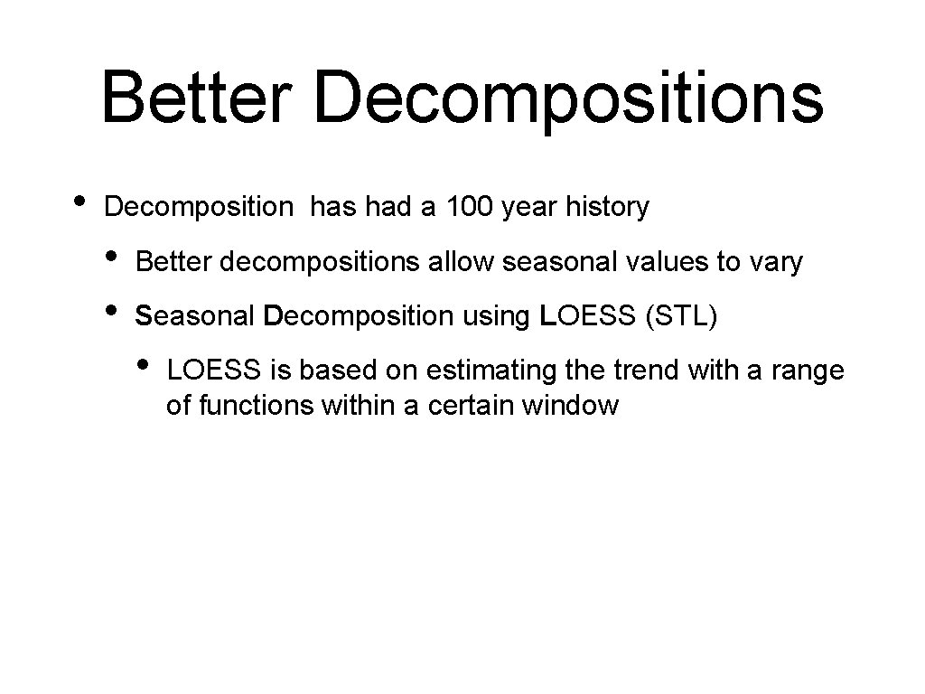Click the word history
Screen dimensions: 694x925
coord(607,207)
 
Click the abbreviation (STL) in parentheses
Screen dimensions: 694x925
coord(683,317)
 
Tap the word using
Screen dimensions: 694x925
coord(490,318)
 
